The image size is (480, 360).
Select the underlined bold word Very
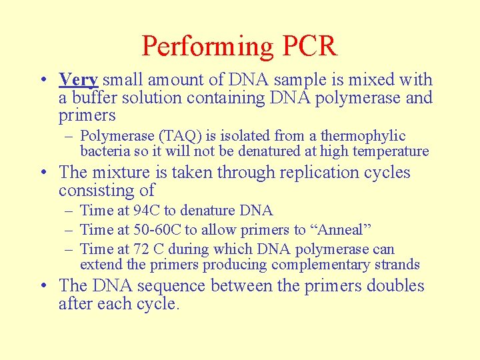[79, 80]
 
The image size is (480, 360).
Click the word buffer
[92, 98]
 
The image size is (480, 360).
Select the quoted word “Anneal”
[340, 230]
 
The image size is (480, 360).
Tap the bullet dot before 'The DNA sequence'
[44, 286]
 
